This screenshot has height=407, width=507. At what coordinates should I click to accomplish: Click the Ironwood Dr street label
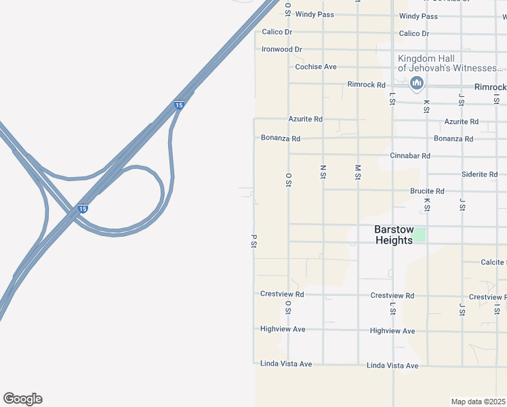281,50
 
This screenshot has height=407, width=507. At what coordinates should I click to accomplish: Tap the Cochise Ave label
316,67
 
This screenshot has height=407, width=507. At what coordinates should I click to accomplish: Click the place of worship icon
417,83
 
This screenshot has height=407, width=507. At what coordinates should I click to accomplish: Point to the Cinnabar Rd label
410,155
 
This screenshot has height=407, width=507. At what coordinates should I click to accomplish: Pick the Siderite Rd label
479,174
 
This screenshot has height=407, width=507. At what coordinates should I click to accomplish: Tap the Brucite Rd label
427,191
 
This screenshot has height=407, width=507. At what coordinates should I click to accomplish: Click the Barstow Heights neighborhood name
393,235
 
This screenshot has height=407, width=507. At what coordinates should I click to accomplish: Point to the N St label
323,171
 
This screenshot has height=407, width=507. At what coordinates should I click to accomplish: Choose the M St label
358,172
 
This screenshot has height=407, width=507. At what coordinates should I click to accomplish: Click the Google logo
22,399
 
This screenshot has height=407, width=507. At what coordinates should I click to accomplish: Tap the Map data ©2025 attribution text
479,402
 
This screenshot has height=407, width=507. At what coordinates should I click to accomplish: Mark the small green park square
420,235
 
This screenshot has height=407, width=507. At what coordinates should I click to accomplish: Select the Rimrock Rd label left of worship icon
366,85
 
